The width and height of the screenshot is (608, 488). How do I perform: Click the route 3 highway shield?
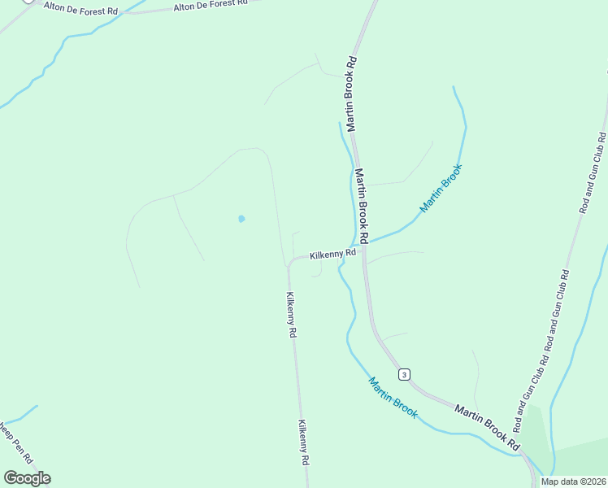coord(404,374)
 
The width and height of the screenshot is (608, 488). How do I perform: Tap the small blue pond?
coord(241,219)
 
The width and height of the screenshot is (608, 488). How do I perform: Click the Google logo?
coord(27,478)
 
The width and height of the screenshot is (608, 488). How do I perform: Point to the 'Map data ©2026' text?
coord(573,481)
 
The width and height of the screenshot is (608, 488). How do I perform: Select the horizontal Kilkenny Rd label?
coord(332,254)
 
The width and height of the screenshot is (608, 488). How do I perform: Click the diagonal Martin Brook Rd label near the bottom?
coord(487,427)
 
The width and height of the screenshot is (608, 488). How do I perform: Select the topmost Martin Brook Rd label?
coord(352,94)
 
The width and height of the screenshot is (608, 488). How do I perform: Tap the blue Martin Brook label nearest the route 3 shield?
coord(393,398)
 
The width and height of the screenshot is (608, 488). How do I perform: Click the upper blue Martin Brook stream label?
coord(441,188)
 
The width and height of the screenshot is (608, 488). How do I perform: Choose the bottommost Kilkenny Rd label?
coord(303,442)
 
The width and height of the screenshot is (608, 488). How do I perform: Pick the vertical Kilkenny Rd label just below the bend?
coord(290,315)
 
